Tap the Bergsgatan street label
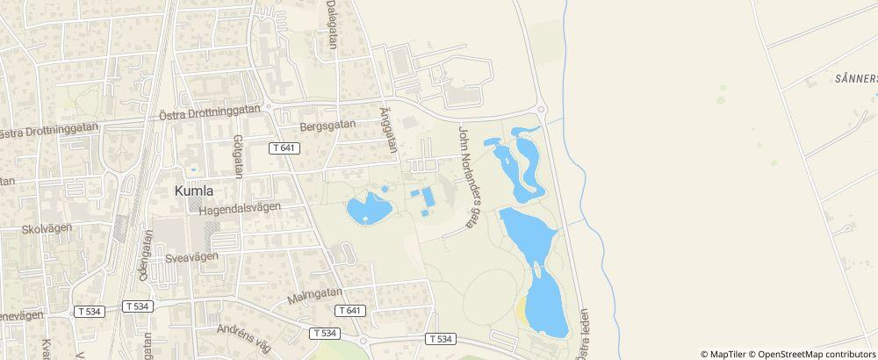[327, 126]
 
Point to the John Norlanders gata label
[466, 177]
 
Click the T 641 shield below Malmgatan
[349, 311]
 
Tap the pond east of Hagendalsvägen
[369, 209]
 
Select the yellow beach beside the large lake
[523, 310]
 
